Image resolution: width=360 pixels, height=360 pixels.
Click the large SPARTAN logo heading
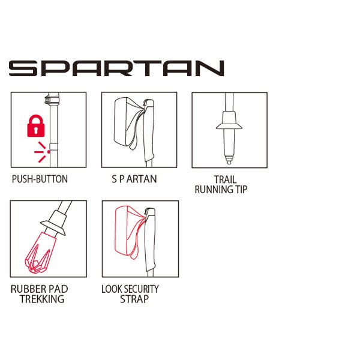click(x=116, y=68)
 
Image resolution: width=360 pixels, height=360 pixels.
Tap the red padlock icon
click(x=36, y=126)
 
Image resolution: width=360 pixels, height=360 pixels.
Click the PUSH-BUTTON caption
click(x=40, y=179)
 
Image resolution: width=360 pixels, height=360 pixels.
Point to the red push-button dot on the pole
click(x=49, y=152)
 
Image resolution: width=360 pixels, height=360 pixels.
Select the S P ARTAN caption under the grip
click(x=134, y=179)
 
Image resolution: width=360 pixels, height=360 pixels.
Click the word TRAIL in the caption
click(x=225, y=179)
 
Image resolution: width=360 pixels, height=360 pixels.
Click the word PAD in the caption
click(x=58, y=289)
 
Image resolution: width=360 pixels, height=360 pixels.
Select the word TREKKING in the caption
click(x=42, y=299)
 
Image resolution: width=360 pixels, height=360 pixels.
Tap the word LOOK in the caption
click(x=110, y=289)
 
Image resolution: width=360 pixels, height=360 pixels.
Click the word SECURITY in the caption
click(x=139, y=289)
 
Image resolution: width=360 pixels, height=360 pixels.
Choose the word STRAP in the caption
click(x=134, y=299)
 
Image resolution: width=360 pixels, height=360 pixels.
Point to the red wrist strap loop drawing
click(x=129, y=232)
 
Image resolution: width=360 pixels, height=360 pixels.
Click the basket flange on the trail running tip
click(x=229, y=126)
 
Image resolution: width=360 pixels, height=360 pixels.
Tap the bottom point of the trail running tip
click(x=229, y=163)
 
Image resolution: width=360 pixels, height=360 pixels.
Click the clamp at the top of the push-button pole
click(x=51, y=98)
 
